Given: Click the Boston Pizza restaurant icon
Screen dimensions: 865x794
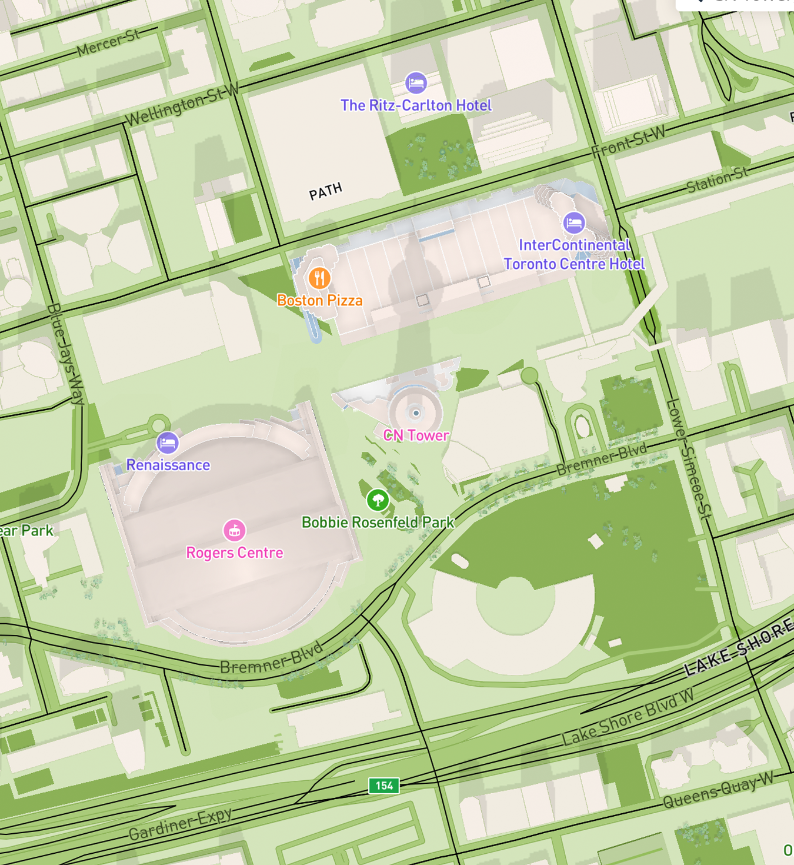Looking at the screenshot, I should pos(319,278).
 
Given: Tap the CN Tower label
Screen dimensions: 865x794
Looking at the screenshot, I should pos(416,435).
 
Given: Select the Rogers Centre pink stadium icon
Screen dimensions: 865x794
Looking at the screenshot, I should pos(234,530).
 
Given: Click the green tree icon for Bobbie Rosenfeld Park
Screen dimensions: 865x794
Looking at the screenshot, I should pos(378,500).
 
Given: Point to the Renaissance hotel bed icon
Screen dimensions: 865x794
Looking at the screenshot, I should pos(168,443).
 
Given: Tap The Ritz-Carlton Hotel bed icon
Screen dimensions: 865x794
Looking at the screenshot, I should pos(416,83).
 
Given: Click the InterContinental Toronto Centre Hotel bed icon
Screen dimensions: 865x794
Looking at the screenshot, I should pos(574,222).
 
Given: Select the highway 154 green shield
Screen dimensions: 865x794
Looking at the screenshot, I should pos(384,786).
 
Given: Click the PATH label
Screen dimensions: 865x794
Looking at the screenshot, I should pos(326,191).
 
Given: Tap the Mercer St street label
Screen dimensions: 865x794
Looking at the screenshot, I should pos(109,43).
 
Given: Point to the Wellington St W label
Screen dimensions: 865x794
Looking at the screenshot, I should pos(182,105).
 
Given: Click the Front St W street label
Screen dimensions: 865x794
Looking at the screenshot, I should pos(628,141).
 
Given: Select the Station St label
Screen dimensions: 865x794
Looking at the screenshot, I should pos(718,180).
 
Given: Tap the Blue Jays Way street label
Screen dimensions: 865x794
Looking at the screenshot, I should pos(66,354).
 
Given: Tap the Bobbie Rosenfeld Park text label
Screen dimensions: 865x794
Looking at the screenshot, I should pos(378,523).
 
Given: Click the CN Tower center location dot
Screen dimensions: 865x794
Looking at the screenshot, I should pos(416,413).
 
